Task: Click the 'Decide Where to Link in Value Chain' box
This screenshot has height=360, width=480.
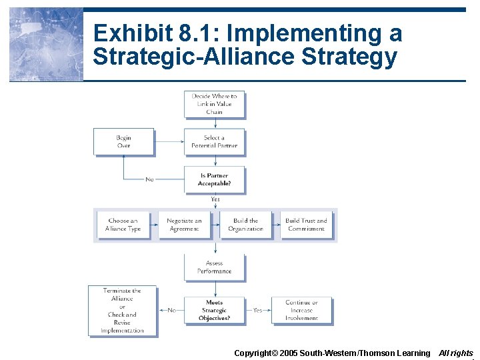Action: coord(214,104)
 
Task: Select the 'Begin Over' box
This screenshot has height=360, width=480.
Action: coord(123,141)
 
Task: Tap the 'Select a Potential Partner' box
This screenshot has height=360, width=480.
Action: coord(214,141)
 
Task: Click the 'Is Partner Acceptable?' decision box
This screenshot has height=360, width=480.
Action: coord(214,179)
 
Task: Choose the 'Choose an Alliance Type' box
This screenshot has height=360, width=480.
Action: coord(123,225)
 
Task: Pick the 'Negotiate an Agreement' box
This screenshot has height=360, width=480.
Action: coord(184,225)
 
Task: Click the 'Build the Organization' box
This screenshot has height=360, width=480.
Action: coord(245,225)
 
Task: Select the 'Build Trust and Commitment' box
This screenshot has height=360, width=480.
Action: coord(306,225)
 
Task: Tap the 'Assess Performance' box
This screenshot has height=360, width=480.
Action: coord(214,267)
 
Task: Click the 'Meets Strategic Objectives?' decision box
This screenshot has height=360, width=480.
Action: coord(214,310)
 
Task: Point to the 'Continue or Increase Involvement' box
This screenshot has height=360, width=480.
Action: coord(301,310)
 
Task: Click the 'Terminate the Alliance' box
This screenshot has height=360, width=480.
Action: coord(122,311)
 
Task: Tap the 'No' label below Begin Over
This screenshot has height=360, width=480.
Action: coord(150,179)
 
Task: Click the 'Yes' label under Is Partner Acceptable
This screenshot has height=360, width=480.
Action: coord(215,199)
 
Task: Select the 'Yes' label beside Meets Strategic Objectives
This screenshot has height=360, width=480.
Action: coord(257,310)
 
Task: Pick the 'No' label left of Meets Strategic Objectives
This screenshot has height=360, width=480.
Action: coord(171,310)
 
